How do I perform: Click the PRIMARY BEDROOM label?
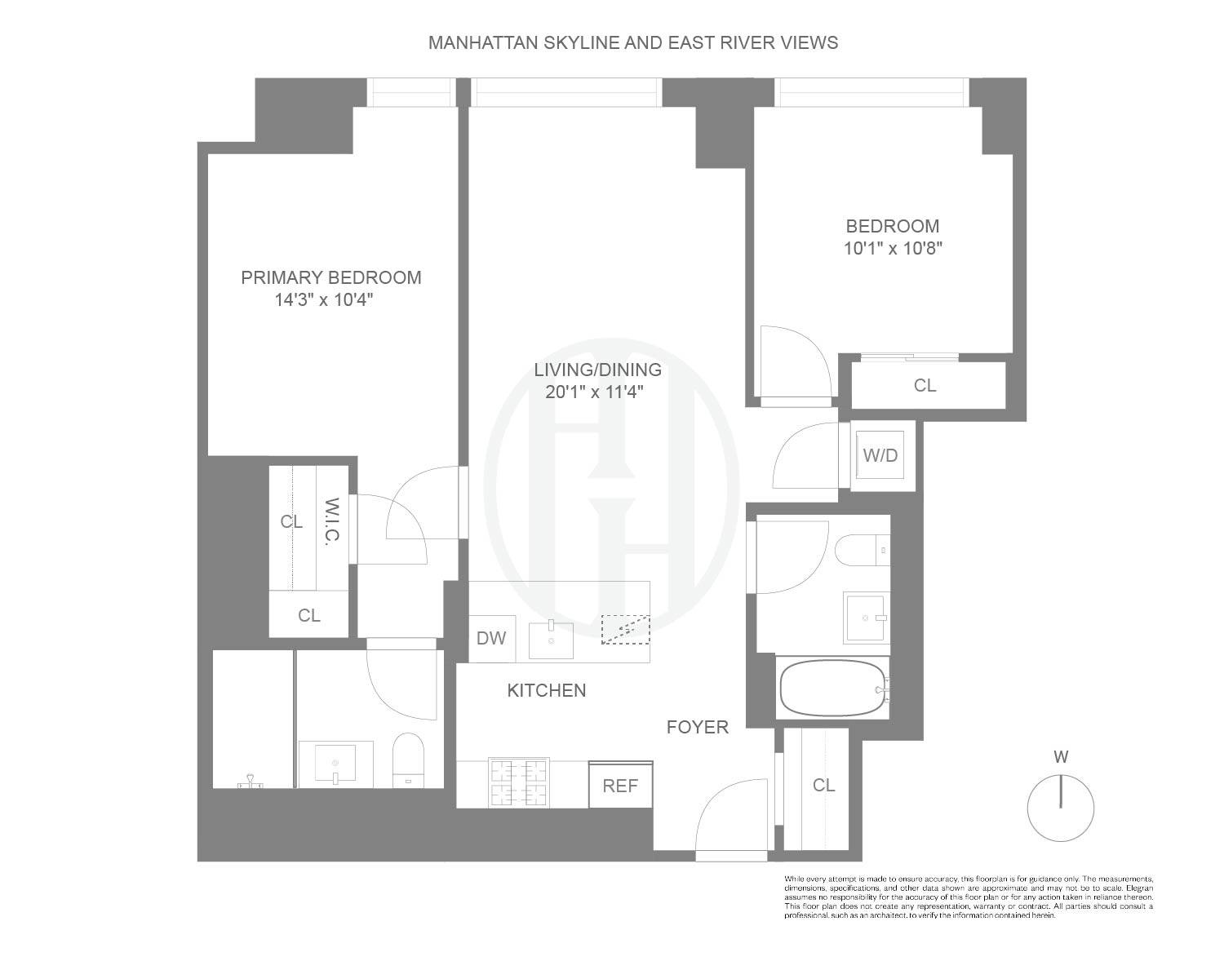[330, 277]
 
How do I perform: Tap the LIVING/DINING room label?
[597, 370]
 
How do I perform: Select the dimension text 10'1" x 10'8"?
[893, 248]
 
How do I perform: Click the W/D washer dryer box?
[880, 455]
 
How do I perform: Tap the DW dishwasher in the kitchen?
[491, 638]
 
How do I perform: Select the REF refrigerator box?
[620, 785]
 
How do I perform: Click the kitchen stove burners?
[517, 782]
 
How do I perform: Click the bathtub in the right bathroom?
[832, 689]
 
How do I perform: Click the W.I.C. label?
[331, 522]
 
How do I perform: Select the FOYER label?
[697, 727]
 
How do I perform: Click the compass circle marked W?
[1060, 808]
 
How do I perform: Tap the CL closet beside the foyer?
[823, 785]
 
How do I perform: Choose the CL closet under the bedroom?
[925, 385]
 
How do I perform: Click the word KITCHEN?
[546, 690]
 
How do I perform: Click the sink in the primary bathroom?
[335, 764]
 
